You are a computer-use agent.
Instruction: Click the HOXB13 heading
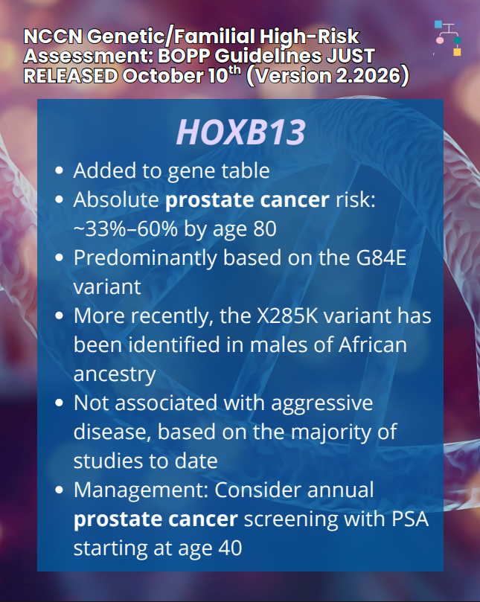click(x=241, y=132)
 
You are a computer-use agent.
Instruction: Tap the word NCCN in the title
click(x=54, y=37)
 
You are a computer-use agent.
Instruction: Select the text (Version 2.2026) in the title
click(x=327, y=75)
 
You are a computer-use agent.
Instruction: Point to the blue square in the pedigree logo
click(x=438, y=25)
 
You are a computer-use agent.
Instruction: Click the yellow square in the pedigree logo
click(x=457, y=52)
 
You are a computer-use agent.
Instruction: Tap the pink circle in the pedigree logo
click(x=440, y=40)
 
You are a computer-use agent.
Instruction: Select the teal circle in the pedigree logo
click(x=457, y=40)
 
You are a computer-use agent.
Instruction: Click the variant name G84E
click(x=381, y=257)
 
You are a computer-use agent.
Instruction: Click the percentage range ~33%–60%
click(x=126, y=229)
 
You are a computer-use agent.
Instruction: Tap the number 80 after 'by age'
click(x=265, y=229)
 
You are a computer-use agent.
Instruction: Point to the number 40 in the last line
click(x=231, y=548)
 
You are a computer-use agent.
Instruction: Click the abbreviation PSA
click(x=410, y=519)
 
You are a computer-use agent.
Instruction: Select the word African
click(x=373, y=345)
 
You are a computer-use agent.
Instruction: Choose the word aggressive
click(x=321, y=404)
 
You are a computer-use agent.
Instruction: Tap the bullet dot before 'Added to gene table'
click(x=59, y=170)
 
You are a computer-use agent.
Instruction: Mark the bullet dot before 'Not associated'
click(x=59, y=403)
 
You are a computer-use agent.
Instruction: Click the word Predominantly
click(x=145, y=258)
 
